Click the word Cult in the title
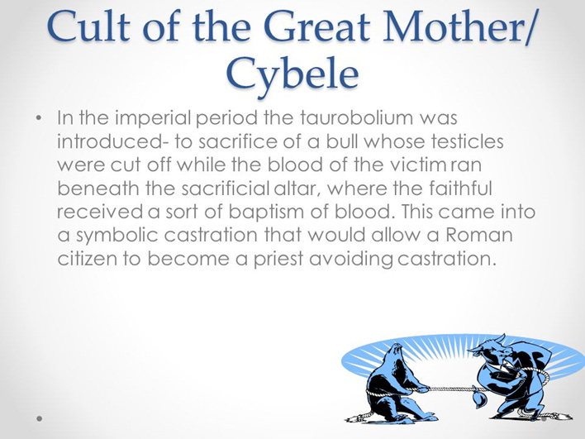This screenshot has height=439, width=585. pos(89,27)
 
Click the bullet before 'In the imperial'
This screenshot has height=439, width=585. pos(39,118)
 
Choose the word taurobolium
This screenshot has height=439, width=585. pos(357,117)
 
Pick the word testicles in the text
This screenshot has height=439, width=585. pos(467,141)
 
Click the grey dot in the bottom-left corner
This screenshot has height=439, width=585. pos(39,418)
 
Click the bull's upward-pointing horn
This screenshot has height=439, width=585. pos(502,338)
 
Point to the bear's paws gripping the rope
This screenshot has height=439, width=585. pos(422,389)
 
